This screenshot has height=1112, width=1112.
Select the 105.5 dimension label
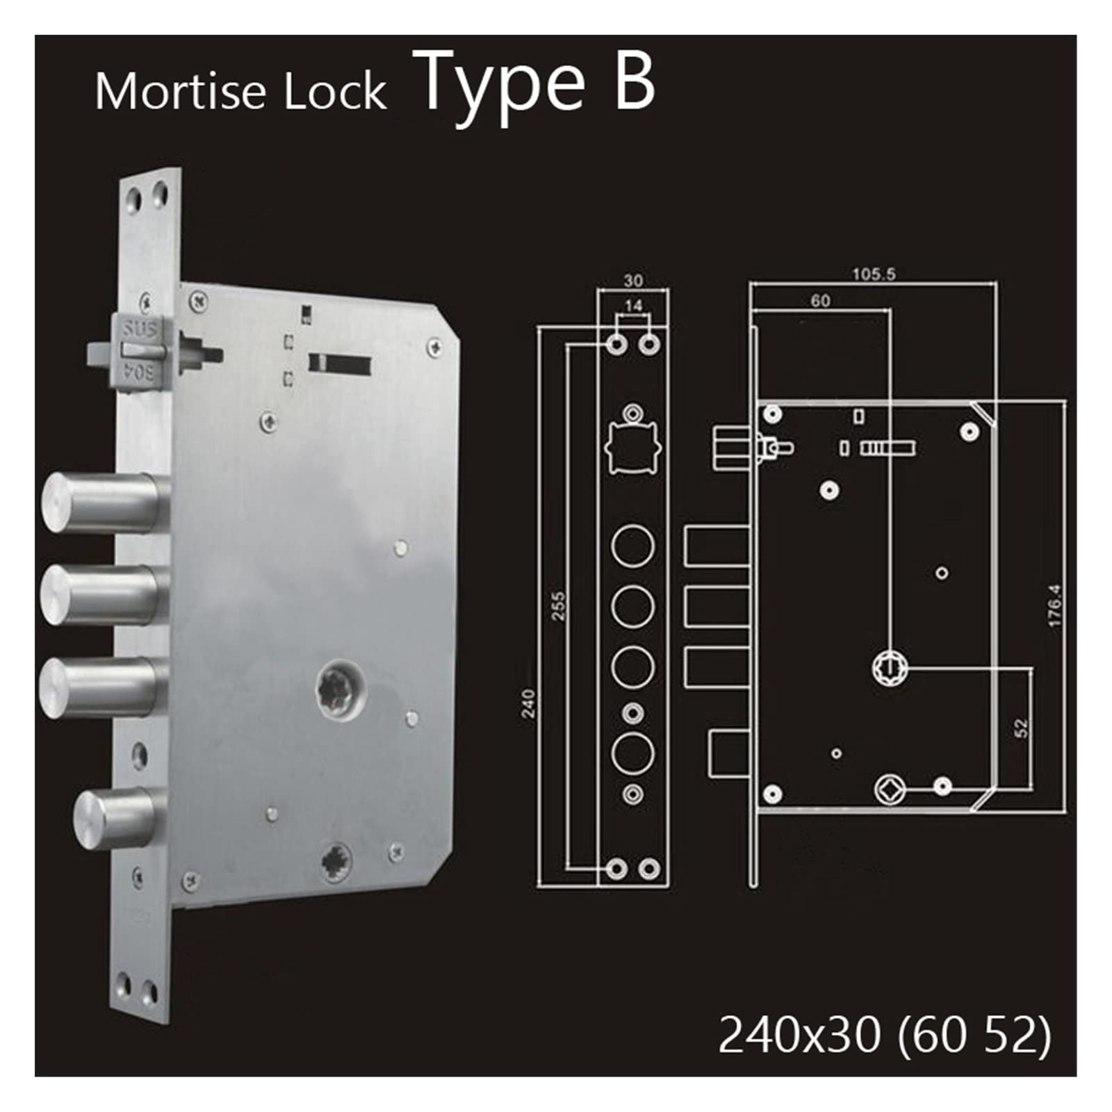pyautogui.click(x=874, y=274)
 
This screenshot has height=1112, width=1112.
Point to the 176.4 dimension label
pyautogui.click(x=1054, y=606)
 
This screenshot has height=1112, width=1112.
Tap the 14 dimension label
pyautogui.click(x=633, y=305)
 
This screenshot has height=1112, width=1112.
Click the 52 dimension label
pyautogui.click(x=1020, y=728)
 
